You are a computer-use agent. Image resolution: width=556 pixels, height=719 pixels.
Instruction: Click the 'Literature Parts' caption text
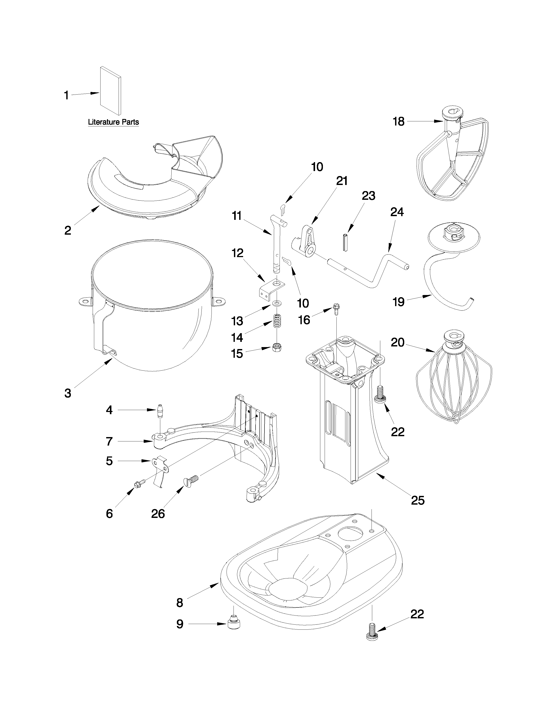click(113, 122)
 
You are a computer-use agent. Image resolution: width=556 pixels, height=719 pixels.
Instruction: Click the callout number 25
click(418, 501)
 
